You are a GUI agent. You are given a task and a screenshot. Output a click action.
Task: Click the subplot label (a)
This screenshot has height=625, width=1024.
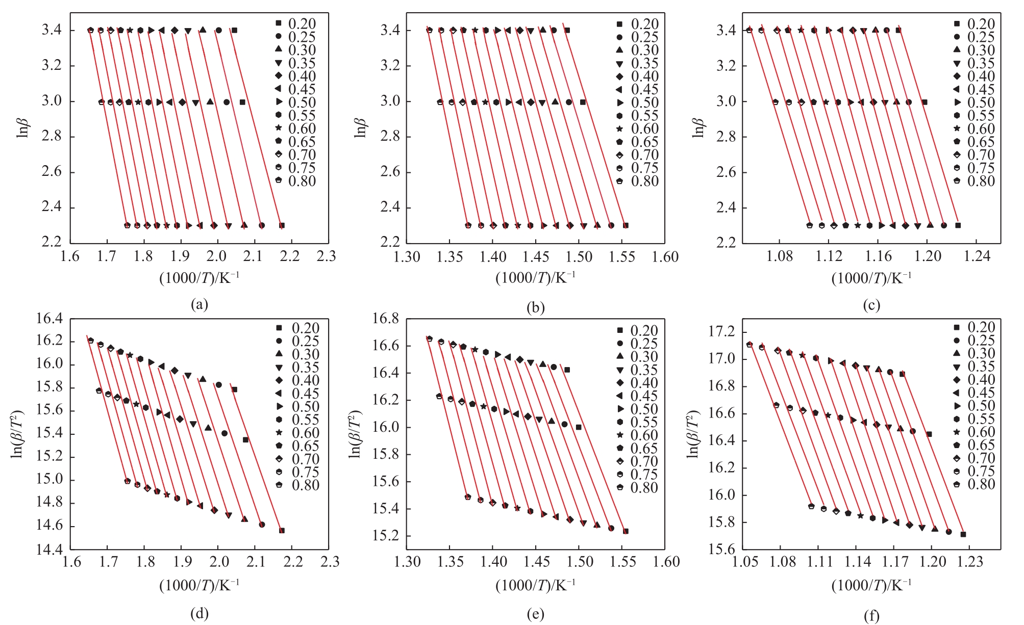coord(199,305)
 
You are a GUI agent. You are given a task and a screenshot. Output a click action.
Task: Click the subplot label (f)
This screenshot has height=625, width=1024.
coord(871,616)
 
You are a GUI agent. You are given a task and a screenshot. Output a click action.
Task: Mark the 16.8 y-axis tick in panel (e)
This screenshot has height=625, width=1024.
coord(387,320)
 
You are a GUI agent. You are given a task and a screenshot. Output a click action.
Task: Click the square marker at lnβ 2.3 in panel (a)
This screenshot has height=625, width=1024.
coord(282,225)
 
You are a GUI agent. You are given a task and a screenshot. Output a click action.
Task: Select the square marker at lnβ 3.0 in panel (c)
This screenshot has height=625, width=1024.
coord(924,102)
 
